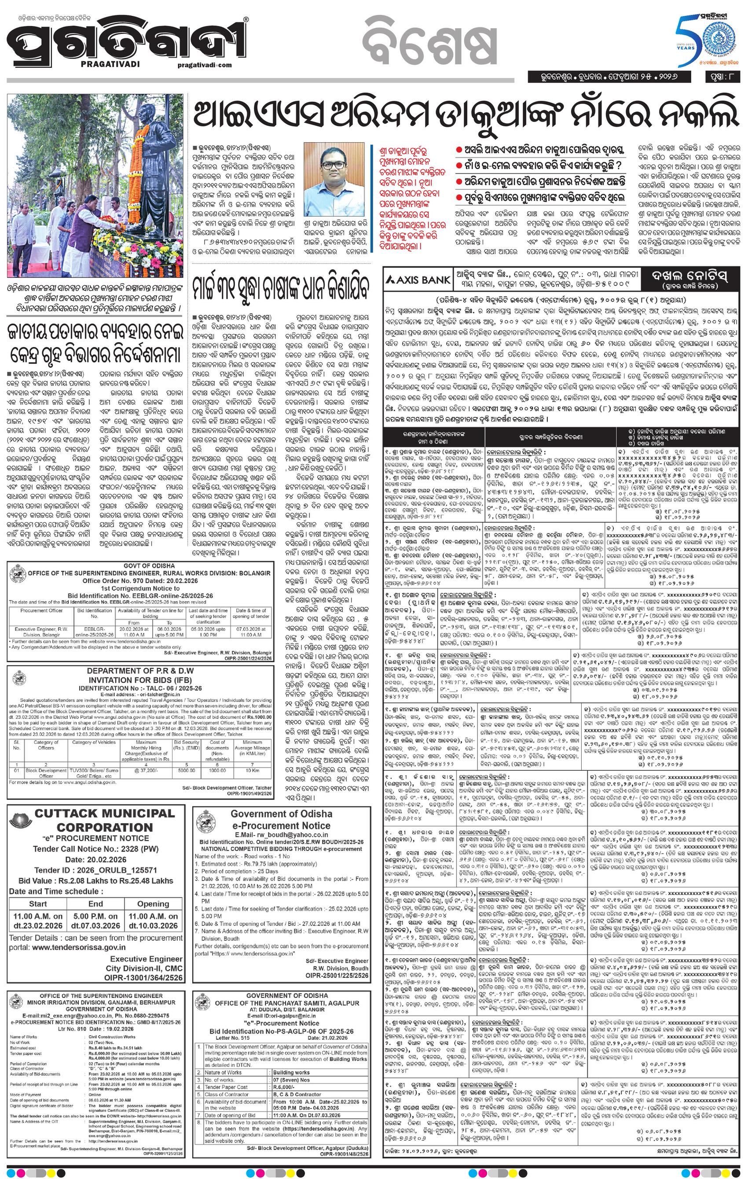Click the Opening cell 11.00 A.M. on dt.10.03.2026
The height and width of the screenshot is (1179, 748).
tap(153, 920)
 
